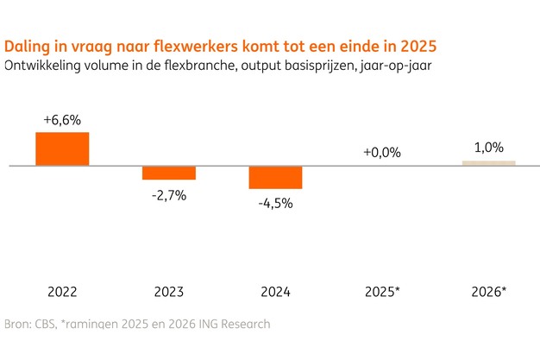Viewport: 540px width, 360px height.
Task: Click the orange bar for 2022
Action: (62, 148)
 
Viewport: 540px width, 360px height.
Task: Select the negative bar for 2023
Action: (169, 172)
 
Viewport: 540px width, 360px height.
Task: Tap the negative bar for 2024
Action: (275, 176)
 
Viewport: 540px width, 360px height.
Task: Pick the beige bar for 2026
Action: (488, 161)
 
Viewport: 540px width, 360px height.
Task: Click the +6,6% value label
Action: (62, 119)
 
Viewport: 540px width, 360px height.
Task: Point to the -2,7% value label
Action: (169, 195)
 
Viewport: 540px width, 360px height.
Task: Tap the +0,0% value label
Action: (382, 152)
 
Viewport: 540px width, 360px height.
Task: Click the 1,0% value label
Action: (489, 148)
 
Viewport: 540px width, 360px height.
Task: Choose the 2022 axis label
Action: (62, 291)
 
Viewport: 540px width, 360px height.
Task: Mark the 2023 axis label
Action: (169, 291)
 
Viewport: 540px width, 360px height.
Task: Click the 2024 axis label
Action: (275, 291)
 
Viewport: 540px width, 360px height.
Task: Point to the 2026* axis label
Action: (490, 291)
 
